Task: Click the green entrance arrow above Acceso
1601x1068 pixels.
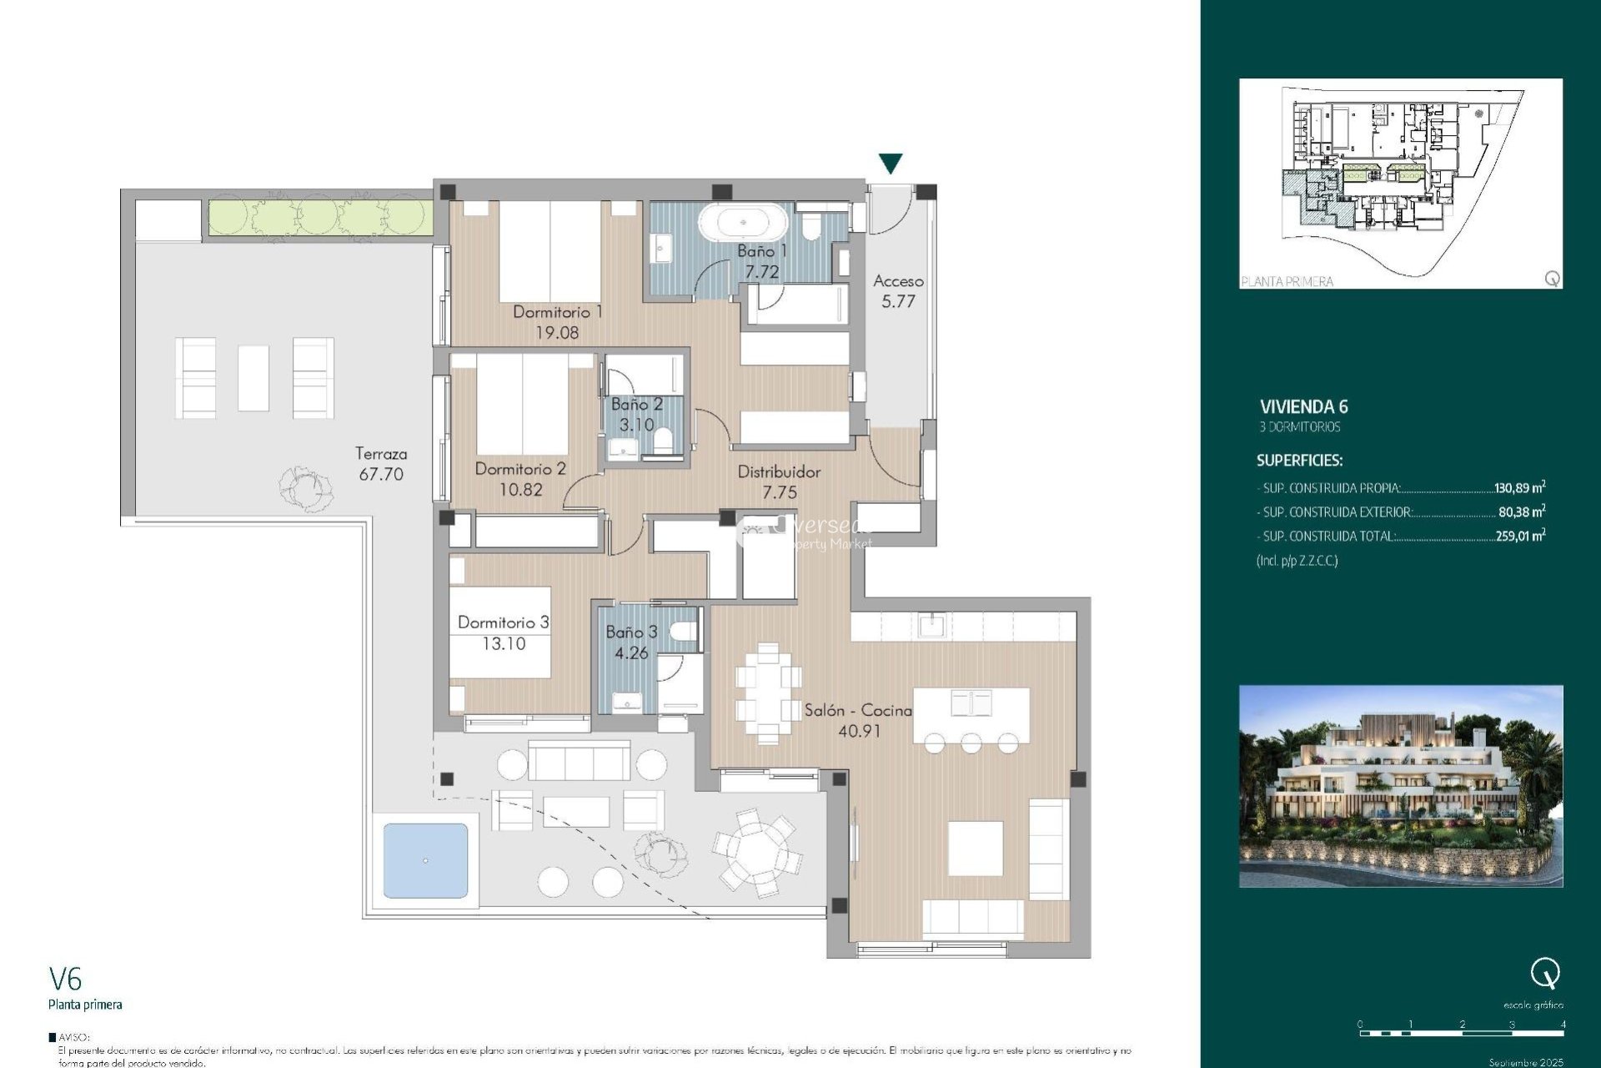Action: click(x=891, y=163)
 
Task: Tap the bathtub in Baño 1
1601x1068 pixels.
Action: click(x=742, y=223)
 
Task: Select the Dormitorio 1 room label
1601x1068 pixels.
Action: click(x=557, y=312)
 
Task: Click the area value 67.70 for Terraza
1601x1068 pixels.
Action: click(x=381, y=475)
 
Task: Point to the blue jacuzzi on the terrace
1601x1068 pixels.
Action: click(x=425, y=860)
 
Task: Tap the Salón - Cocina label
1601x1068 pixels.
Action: click(x=858, y=710)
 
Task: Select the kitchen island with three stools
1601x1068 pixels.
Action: click(x=971, y=715)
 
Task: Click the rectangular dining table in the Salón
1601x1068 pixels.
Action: click(x=768, y=693)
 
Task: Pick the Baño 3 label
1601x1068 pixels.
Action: click(x=631, y=632)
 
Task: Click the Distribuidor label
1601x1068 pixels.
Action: click(x=779, y=472)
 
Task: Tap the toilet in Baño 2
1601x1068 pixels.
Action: click(x=664, y=439)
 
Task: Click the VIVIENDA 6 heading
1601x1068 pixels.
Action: click(x=1303, y=407)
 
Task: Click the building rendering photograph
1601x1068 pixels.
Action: click(x=1400, y=786)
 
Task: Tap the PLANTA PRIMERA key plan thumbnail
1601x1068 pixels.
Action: click(x=1400, y=184)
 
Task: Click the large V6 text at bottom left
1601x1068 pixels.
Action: click(x=65, y=979)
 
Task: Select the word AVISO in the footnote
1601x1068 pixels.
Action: click(x=73, y=1037)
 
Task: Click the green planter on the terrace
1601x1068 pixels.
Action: click(x=319, y=216)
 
